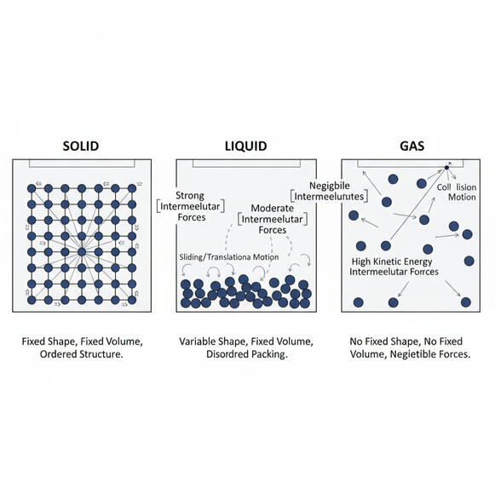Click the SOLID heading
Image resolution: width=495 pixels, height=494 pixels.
point(81,146)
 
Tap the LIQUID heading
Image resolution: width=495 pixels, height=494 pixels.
point(246,146)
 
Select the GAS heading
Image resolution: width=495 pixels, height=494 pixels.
point(412,146)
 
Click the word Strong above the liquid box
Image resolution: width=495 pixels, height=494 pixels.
point(190,195)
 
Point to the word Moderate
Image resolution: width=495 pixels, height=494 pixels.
point(272,208)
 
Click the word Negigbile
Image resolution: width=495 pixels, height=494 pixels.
point(329,186)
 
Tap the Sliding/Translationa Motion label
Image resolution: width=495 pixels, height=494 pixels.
point(229,257)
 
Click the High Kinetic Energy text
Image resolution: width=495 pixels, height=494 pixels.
point(392,261)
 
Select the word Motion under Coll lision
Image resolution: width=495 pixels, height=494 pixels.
point(462,198)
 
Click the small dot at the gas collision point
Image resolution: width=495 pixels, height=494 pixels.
point(446,167)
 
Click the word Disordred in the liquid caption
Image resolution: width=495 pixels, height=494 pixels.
point(226,354)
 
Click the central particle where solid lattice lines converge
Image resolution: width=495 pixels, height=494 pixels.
point(82,252)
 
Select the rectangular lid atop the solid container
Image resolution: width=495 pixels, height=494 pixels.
point(82,164)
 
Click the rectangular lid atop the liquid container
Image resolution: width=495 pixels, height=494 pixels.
point(246,164)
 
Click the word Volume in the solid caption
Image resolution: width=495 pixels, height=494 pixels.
point(124,342)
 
